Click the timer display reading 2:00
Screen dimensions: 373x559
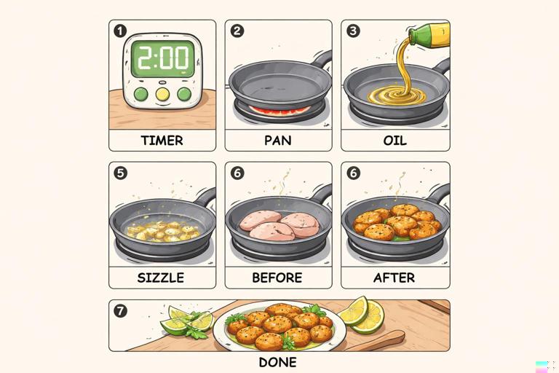[x=162, y=59]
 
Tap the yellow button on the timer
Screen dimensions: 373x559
[x=162, y=94]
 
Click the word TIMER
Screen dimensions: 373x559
[x=162, y=140]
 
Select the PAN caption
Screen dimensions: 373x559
[x=278, y=140]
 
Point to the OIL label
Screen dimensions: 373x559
[x=395, y=140]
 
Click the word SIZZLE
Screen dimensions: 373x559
[x=161, y=278]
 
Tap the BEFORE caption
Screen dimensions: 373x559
[x=278, y=278]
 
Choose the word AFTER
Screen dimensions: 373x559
[x=395, y=278]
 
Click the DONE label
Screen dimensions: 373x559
[x=278, y=361]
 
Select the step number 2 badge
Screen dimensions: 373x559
[x=237, y=31]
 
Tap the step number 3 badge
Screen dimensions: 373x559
[x=354, y=31]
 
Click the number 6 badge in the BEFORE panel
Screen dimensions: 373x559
[x=237, y=173]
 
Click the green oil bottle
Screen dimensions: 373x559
[x=428, y=34]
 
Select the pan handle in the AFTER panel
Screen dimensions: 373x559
[x=438, y=193]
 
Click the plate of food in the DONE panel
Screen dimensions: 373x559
[x=279, y=327]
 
